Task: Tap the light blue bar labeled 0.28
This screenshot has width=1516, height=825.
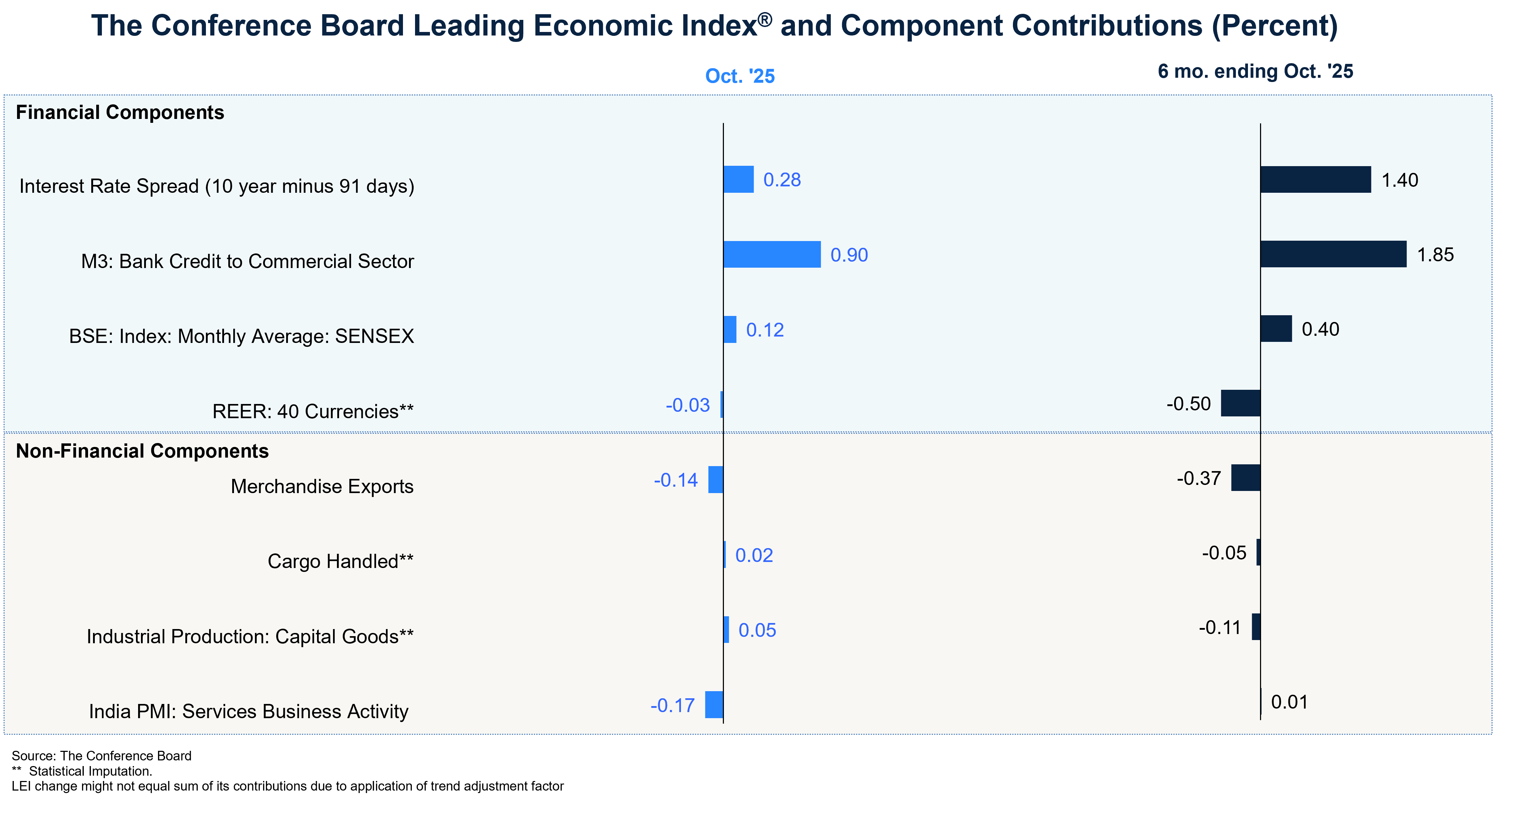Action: tap(738, 180)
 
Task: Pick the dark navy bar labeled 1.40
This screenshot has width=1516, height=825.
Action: tap(1315, 180)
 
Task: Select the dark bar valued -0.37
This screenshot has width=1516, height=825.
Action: tap(1245, 478)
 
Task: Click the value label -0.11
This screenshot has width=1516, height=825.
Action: tap(1220, 628)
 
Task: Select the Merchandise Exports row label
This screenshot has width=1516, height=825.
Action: tap(322, 487)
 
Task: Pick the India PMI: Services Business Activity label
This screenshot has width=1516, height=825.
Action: tap(249, 711)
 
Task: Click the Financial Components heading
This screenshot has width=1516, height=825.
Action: tap(120, 113)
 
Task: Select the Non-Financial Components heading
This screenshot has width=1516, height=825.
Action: tap(142, 451)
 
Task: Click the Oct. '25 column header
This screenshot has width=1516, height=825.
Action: tap(740, 76)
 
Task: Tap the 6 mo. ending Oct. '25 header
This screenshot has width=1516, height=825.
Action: tap(1255, 71)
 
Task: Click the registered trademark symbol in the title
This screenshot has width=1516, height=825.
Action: tap(764, 20)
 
